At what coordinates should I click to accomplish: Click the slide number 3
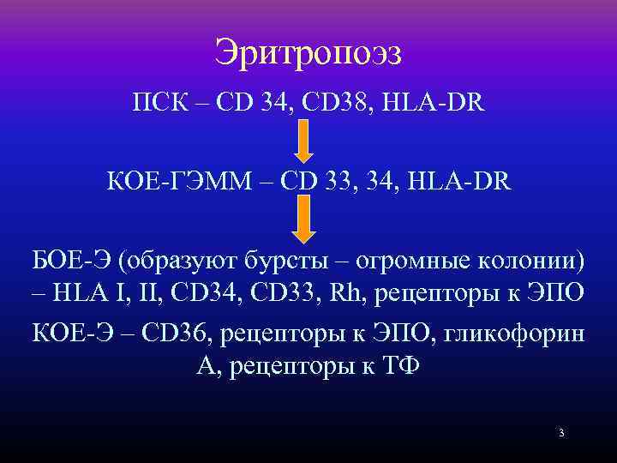pos(560,433)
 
